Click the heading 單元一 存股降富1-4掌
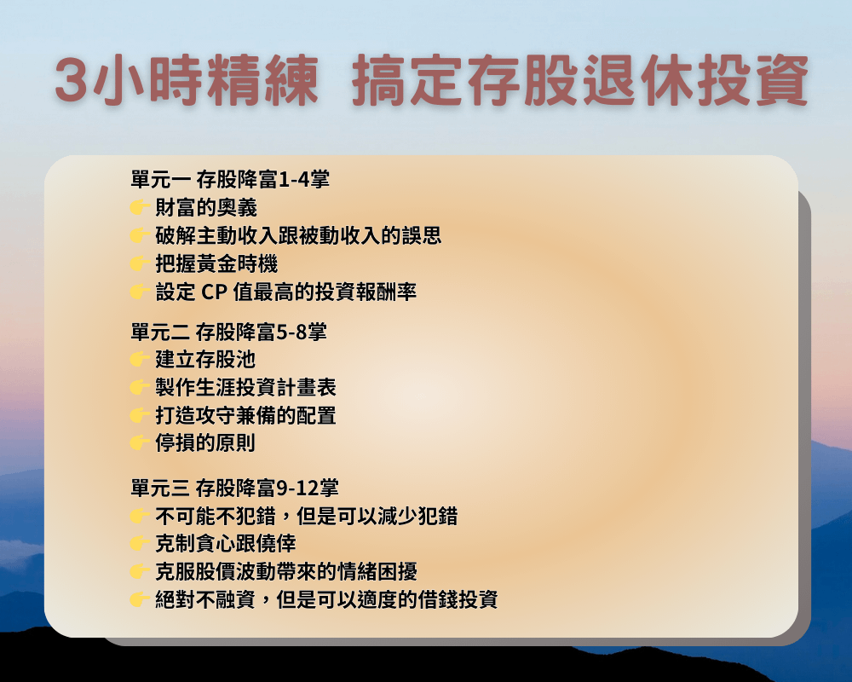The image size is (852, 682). tap(230, 179)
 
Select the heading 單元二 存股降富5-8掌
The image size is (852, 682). tap(228, 332)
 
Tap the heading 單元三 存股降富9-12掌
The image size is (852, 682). tap(235, 488)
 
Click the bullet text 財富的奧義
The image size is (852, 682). tap(206, 207)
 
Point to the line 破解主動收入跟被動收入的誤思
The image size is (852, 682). tap(298, 235)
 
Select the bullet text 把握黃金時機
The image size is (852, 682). tap(216, 263)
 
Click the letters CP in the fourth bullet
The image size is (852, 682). tap(214, 292)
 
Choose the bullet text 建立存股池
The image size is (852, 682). tap(205, 360)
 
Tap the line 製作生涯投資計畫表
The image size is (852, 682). tap(245, 387)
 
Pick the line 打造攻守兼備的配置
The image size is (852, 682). tap(245, 415)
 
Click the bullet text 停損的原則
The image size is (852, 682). tap(205, 443)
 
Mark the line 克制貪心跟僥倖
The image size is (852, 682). tap(226, 543)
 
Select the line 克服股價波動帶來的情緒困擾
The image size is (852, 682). tap(286, 571)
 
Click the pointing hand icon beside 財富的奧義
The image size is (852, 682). tap(140, 207)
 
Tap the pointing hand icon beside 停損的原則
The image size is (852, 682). tap(140, 442)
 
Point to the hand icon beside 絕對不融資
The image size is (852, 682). tap(140, 599)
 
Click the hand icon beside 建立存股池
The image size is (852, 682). tap(140, 359)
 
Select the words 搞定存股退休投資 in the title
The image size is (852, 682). tap(580, 81)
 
